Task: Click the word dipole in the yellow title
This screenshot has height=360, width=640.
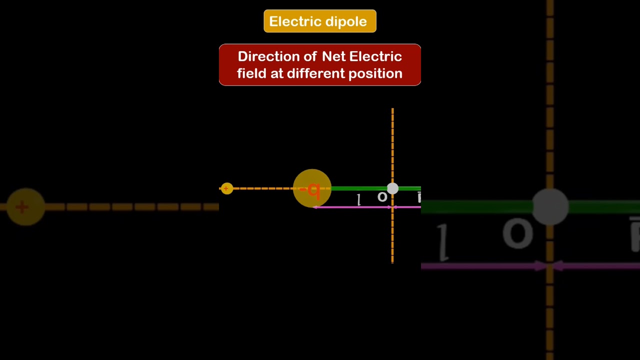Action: (346, 21)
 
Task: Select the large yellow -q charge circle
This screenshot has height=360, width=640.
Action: (312, 188)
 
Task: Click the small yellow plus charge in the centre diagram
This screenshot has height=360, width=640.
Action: (226, 188)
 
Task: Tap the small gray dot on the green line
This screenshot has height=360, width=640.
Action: (392, 188)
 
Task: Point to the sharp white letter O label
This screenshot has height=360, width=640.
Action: (382, 197)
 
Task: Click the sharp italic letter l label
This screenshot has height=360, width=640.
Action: (358, 200)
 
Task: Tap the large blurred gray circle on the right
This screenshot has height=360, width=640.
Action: (550, 206)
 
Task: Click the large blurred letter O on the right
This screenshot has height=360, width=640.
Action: (517, 233)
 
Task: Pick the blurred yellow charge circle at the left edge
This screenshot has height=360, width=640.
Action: (25, 206)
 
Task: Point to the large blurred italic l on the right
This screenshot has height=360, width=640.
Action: (443, 242)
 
